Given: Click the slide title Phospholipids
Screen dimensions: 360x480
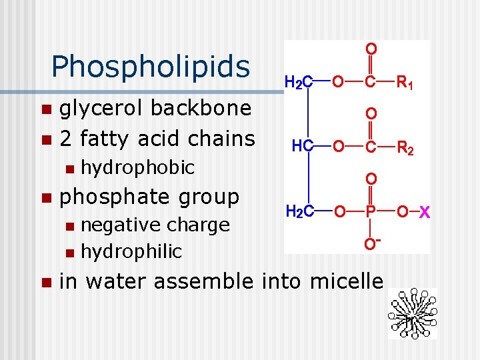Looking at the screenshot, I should click(x=150, y=66).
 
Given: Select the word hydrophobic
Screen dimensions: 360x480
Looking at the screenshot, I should click(x=137, y=167).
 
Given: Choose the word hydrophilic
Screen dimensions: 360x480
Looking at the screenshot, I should click(x=131, y=251).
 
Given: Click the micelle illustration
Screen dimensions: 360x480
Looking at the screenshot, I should click(x=412, y=313).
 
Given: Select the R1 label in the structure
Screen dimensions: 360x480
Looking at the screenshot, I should click(x=405, y=83).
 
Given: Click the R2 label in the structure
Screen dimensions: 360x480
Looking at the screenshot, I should click(x=405, y=147).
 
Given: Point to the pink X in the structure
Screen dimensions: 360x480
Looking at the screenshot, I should click(x=424, y=213).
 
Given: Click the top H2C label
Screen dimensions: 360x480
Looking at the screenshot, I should click(x=299, y=83).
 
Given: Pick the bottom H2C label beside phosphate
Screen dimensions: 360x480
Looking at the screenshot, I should click(x=299, y=213).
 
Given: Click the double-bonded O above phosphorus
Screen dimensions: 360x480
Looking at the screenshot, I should click(x=371, y=179).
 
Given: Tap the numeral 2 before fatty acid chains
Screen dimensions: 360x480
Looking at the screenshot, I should click(x=66, y=139).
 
